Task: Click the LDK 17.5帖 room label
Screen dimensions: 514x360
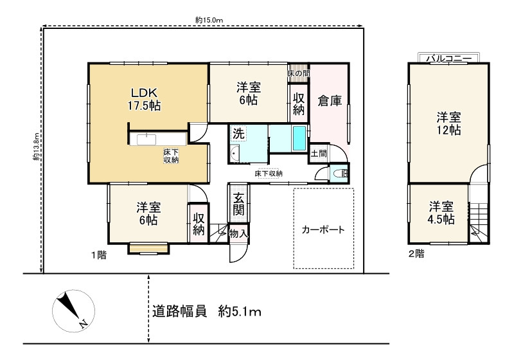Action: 144,99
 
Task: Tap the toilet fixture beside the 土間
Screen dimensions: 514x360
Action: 341,173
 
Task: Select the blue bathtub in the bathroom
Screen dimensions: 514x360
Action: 299,138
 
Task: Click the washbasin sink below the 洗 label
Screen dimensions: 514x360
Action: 235,154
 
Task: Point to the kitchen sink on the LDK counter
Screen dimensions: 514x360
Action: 146,139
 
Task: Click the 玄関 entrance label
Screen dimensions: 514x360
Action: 238,204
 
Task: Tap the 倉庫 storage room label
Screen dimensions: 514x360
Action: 330,101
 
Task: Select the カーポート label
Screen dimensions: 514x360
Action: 323,230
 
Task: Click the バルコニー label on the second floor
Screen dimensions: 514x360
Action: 448,59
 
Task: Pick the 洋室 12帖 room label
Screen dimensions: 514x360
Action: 448,123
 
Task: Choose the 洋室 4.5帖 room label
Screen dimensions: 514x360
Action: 441,213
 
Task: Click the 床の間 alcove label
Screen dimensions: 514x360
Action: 298,73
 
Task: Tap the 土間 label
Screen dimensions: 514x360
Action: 319,153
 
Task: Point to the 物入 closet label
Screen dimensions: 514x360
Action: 238,234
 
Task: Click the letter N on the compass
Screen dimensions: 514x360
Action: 84,323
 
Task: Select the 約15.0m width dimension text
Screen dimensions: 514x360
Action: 209,20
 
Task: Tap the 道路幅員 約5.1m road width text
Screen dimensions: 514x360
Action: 206,311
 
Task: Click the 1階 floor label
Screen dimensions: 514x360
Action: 98,255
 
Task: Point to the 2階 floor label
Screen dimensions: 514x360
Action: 416,253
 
